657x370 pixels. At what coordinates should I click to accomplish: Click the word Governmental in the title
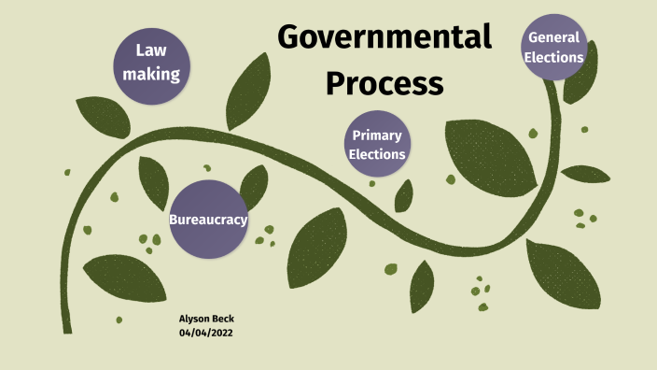384,37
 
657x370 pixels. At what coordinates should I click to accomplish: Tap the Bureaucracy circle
208,220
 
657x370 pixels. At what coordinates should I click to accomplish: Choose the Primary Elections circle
377,145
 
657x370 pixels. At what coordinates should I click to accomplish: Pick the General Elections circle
554,48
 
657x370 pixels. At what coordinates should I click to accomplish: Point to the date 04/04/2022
205,334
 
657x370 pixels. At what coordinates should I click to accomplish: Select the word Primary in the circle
377,135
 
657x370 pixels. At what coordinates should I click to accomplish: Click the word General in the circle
554,37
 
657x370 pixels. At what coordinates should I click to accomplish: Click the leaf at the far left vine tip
93,113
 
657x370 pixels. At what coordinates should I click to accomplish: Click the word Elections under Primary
377,154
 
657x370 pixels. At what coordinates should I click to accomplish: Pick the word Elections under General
554,57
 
